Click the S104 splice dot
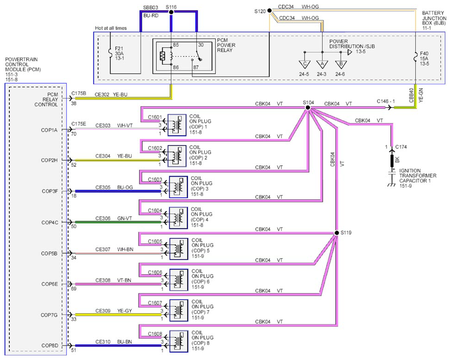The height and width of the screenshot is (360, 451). [308, 108]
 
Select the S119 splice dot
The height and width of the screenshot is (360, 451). [336, 232]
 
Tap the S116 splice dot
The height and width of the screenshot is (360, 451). [171, 12]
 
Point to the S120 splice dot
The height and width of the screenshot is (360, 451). [269, 11]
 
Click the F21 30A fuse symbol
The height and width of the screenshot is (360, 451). [110, 53]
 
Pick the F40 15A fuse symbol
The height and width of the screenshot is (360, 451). [415, 57]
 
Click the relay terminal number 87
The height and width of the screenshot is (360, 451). [196, 67]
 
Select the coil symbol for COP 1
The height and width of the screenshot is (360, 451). [177, 125]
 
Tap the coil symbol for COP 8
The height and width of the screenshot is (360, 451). [179, 342]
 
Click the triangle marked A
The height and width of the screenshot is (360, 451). [322, 64]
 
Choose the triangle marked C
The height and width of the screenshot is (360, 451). [305, 64]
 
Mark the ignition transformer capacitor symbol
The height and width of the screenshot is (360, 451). [391, 173]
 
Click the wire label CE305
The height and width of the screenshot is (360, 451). [103, 188]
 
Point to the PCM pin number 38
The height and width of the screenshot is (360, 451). [73, 104]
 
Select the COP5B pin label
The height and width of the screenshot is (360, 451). [49, 254]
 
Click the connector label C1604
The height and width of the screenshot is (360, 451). [155, 210]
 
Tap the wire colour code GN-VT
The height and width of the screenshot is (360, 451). [125, 219]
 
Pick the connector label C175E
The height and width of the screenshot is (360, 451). [79, 124]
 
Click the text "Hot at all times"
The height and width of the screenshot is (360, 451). [111, 28]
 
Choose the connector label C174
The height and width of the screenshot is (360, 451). [401, 147]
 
